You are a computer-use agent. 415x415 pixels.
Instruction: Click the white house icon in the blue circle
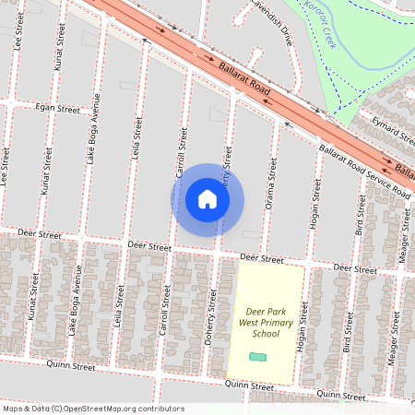[207, 198]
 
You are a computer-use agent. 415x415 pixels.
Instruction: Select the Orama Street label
[272, 181]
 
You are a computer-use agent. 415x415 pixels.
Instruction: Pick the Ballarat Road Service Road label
[363, 170]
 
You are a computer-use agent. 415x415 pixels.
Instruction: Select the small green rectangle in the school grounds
[258, 356]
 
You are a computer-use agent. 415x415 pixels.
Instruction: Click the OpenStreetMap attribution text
[93, 409]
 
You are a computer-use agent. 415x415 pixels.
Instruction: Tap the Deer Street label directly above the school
[262, 259]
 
